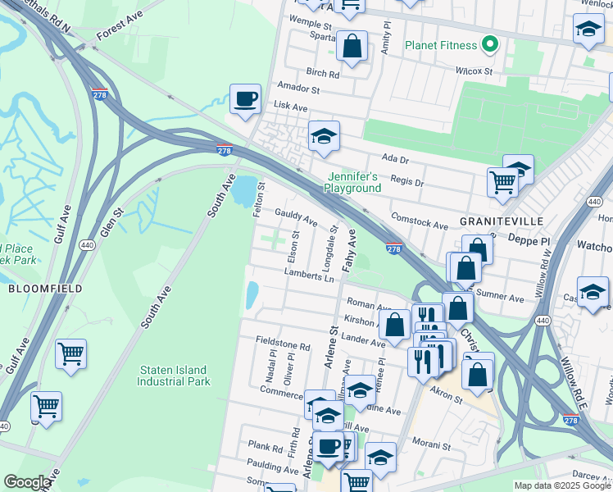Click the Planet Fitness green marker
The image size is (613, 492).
[491, 43]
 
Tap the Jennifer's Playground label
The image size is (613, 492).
[352, 182]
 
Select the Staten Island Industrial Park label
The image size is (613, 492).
[174, 376]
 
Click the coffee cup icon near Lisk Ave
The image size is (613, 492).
[245, 100]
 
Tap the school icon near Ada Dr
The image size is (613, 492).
[324, 137]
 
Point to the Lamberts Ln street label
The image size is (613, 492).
[312, 276]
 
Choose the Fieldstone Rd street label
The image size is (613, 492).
[283, 347]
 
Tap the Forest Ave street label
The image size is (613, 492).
[119, 30]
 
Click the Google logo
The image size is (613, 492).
[27, 483]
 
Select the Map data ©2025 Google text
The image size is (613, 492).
[562, 485]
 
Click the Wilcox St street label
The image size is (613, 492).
[475, 71]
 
